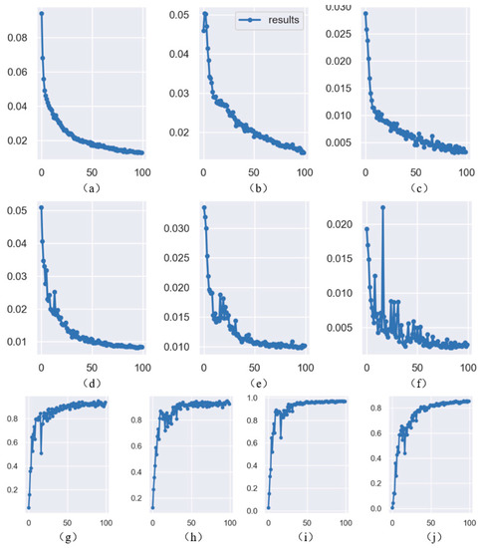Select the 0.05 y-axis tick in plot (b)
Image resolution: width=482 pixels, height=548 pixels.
pos(179,15)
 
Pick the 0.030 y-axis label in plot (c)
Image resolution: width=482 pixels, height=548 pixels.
pos(338,7)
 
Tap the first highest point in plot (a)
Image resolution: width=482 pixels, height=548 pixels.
pos(41,14)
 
